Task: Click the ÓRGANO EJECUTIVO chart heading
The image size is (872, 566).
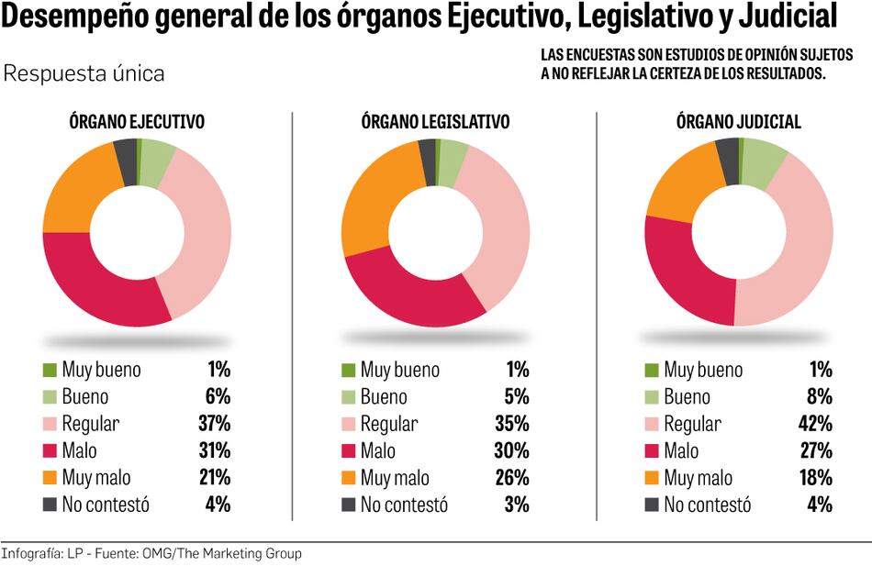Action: (x=137, y=122)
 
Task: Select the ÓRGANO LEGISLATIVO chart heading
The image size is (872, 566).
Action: (x=435, y=122)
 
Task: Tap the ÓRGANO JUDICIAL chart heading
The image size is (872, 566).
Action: (x=738, y=122)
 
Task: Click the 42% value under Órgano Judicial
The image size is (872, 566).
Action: (x=815, y=424)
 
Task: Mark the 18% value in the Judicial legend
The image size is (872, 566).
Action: (x=815, y=478)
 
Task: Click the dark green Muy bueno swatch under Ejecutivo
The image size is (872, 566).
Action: (x=50, y=371)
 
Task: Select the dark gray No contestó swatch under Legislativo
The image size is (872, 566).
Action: (x=348, y=505)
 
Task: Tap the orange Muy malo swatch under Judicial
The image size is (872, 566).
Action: (x=652, y=478)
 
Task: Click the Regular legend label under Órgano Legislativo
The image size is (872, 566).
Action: (x=388, y=424)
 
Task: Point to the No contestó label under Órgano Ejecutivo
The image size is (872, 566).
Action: (x=106, y=505)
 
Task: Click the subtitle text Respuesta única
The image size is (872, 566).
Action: (x=84, y=73)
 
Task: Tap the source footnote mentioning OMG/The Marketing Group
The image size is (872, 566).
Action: (x=151, y=554)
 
